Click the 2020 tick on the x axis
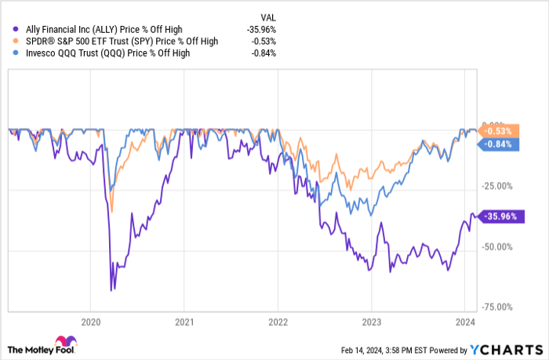(91, 321)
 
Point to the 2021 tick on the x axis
(184, 321)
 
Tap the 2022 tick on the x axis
(278, 321)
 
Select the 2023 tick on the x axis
(371, 321)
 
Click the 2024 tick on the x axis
(464, 321)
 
